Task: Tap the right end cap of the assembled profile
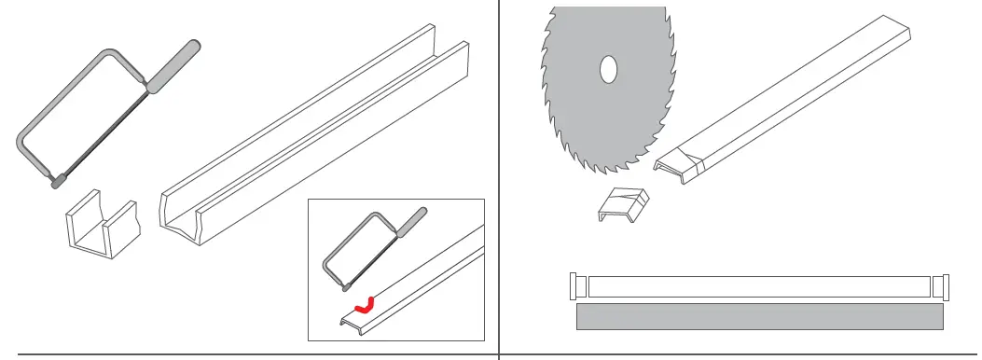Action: pos(940,285)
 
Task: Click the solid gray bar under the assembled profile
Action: pos(759,316)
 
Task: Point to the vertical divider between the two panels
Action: pos(499,177)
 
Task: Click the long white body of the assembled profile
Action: pos(759,286)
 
